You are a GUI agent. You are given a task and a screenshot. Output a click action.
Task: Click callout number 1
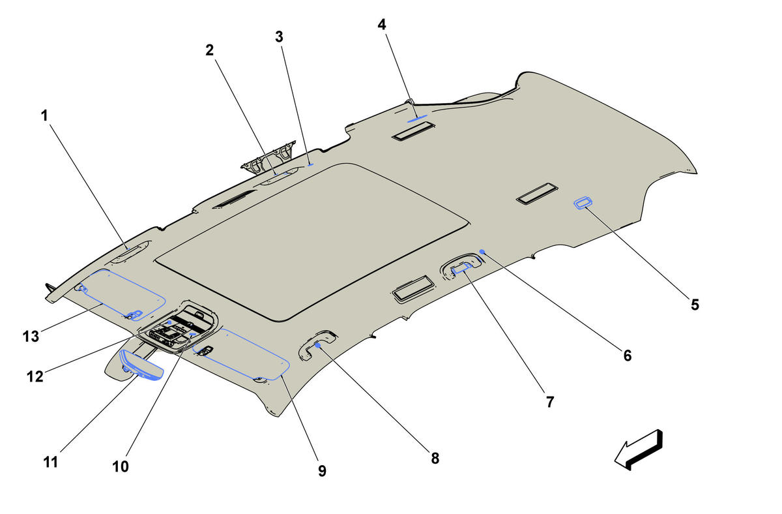44,115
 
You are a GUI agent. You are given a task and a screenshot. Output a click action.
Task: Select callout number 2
209,50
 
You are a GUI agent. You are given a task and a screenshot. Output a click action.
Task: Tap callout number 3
279,37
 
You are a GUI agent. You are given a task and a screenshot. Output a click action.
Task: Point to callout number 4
382,25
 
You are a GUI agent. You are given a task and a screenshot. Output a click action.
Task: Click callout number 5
695,305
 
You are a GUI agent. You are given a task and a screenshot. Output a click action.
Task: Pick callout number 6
628,355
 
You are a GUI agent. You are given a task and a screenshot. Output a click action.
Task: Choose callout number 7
550,402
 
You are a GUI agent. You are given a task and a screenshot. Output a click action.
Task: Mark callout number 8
435,459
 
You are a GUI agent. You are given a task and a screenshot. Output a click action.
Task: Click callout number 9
322,471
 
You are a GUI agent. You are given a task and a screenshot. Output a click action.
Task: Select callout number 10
121,466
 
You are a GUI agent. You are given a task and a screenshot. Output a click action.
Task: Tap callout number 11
51,462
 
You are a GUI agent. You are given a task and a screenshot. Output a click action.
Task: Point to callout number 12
35,376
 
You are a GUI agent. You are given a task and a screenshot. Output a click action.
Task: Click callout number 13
31,337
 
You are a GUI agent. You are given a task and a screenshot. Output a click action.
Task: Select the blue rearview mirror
141,366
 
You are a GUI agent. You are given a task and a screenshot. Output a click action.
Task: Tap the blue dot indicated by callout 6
482,252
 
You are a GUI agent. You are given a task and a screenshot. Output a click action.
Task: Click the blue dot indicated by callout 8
318,345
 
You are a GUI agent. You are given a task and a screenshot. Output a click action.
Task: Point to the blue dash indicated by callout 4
417,119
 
